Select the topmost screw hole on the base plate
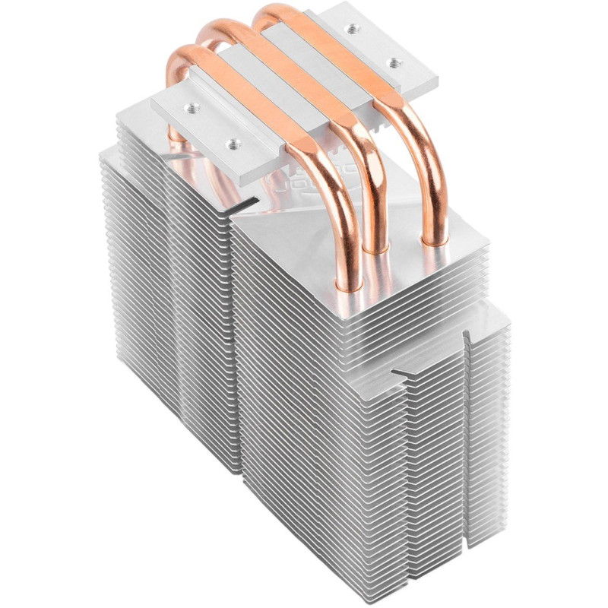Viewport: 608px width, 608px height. [352, 29]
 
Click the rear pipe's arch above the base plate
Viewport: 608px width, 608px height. [274, 13]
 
